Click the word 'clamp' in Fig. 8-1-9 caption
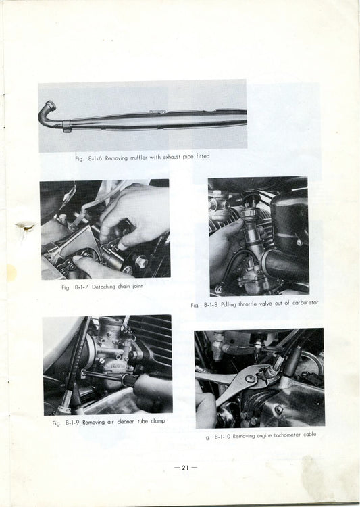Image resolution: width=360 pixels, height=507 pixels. pos(155,422)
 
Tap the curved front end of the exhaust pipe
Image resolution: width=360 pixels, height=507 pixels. pos(46,112)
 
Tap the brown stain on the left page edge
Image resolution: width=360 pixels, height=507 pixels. pos(26,227)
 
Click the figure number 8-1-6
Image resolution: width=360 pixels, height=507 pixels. pos(93,158)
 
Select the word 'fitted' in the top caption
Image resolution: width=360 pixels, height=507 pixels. pos(201,156)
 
